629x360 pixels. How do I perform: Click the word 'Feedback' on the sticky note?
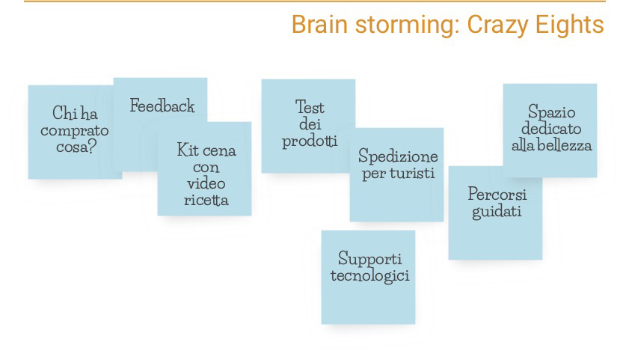click(162, 106)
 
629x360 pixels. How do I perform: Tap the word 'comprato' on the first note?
click(75, 131)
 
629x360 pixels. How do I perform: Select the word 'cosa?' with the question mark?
click(76, 147)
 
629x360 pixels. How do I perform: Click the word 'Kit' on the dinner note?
click(188, 150)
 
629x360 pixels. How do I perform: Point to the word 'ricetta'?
click(206, 200)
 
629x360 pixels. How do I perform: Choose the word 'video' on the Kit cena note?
click(206, 183)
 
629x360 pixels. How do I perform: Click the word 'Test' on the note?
click(310, 107)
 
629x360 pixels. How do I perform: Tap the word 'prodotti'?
click(310, 141)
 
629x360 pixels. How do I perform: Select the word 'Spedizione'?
click(398, 156)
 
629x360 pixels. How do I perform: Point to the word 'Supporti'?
click(370, 259)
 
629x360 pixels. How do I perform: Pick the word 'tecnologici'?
click(370, 275)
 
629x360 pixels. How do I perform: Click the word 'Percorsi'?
click(497, 195)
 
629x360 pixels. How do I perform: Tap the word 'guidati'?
click(497, 212)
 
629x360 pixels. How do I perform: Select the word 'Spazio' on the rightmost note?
click(551, 112)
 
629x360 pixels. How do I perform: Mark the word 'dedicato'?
click(551, 129)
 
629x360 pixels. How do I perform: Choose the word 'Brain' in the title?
click(319, 25)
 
